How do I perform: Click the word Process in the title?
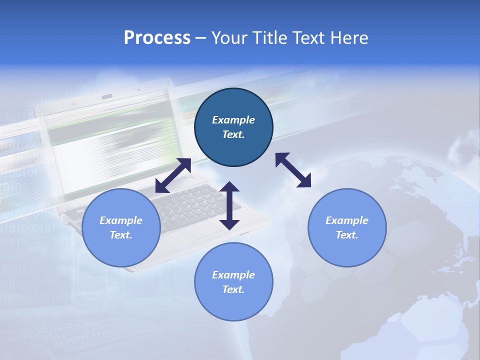point(157,38)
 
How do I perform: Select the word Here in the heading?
point(348,38)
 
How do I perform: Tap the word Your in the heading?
point(231,38)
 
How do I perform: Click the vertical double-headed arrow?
point(229,205)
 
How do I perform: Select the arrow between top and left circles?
point(173,175)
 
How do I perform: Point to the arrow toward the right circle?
point(293,170)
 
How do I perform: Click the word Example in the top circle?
point(233,120)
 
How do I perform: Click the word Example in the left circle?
point(121,220)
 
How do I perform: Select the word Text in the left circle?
point(121,235)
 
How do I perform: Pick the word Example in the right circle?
point(347,220)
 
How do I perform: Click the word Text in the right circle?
point(347,235)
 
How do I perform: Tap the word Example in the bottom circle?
point(233,275)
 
